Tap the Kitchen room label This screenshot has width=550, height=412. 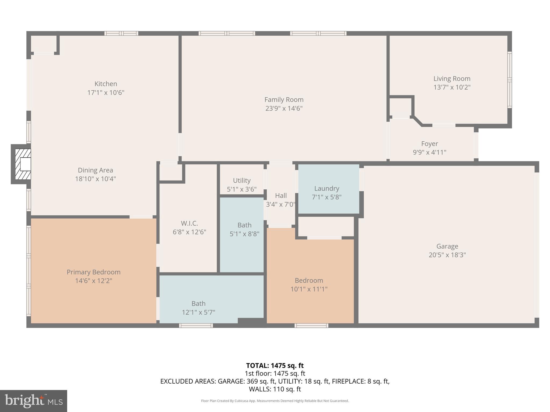coord(106,84)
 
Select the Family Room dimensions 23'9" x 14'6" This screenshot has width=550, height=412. coord(284,108)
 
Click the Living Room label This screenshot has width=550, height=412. coord(452,79)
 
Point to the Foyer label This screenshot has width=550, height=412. coord(429,144)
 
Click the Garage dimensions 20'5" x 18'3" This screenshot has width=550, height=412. coord(447,255)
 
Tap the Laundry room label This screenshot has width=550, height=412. coord(327,188)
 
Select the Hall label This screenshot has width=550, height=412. coord(281,196)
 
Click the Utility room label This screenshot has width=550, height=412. coord(241,180)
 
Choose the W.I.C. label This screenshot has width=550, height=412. coord(189,223)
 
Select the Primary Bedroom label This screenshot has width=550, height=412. coord(93,272)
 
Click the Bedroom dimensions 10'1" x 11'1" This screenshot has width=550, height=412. coord(309,289)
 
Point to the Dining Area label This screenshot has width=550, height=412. coord(95,170)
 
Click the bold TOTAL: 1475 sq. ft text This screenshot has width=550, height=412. coord(275,366)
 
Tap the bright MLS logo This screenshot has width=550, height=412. coord(34,401)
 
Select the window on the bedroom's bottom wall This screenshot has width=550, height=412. coord(311,326)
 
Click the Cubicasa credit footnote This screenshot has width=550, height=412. coord(275,401)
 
